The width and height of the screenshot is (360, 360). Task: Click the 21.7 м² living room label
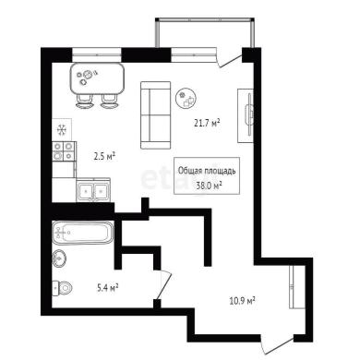pos(207,123)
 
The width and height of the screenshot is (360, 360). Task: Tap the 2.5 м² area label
pos(104,157)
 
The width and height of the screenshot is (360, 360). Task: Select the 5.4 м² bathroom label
pos(108,288)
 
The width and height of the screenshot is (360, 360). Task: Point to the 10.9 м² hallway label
pos(243,300)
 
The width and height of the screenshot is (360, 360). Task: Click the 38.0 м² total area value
pos(210,186)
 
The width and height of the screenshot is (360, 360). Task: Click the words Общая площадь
pos(207,171)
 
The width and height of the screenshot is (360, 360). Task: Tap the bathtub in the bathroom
pos(83,233)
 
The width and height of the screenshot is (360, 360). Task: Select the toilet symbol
pos(63,288)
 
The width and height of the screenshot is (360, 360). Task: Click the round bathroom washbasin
pos(59,258)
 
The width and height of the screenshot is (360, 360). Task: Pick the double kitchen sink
pos(93,191)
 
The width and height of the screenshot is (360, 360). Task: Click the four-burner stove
pos(64,151)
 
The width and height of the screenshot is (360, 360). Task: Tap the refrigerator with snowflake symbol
pos(62,130)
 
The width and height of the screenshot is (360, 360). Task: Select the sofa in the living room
pos(155,115)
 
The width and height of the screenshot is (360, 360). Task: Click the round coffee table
pos(186,98)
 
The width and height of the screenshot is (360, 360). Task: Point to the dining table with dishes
pos(98,79)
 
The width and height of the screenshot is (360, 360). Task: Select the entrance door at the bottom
pos(276,346)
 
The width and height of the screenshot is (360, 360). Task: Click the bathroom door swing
pos(164,284)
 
